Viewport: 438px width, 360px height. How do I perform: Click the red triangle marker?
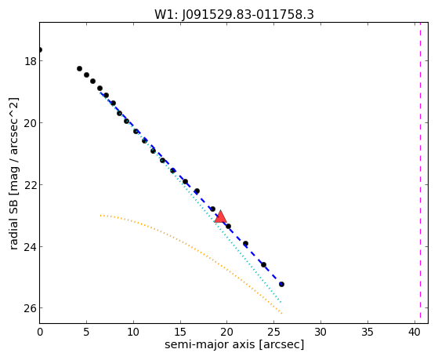point(220,216)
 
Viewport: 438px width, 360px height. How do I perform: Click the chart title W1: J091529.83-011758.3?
point(234,15)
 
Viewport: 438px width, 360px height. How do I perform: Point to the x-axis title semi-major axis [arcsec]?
point(234,344)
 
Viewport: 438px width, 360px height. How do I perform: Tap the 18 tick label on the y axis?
point(31,61)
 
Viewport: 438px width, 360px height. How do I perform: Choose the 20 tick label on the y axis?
point(31,123)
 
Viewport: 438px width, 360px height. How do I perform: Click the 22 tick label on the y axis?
point(31,185)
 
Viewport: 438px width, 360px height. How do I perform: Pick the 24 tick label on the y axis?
point(31,247)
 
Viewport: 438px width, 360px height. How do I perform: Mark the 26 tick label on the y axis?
point(31,308)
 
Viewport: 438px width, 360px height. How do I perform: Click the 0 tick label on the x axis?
point(40,333)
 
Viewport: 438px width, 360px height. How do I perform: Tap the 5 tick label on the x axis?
point(87,333)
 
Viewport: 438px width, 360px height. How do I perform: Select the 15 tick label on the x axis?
point(180,333)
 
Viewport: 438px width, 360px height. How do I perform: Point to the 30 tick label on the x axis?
point(320,333)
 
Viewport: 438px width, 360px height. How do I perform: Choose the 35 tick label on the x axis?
point(367,333)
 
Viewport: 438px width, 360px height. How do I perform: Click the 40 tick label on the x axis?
point(414,333)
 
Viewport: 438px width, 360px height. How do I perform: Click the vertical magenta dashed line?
point(420,173)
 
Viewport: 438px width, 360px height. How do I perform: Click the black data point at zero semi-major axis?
point(40,49)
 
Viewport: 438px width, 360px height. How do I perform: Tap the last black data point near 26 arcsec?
point(281,284)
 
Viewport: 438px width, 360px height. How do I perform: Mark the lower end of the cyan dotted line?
point(281,302)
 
